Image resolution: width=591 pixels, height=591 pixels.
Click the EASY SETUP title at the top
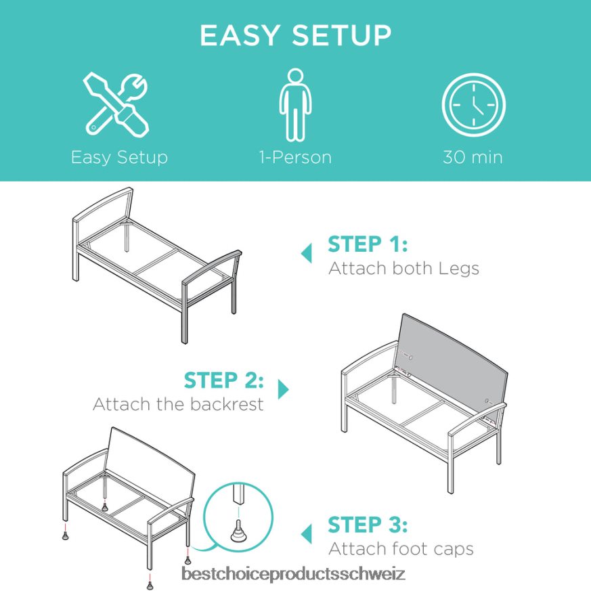(295, 35)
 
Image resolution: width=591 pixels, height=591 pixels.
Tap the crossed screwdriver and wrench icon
(116, 104)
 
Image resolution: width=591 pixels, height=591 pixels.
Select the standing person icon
(295, 104)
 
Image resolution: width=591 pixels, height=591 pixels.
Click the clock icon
(473, 104)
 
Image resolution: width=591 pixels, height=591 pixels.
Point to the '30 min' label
(473, 157)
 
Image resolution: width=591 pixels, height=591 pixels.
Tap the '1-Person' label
(295, 157)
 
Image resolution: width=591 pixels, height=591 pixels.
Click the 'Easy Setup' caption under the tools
(119, 158)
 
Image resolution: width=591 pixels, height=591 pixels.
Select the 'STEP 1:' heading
(368, 244)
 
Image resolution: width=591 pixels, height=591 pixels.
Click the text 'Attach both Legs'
(403, 268)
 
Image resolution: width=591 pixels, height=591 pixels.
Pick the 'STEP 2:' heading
(223, 380)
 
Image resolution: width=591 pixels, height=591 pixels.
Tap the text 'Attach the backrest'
(178, 404)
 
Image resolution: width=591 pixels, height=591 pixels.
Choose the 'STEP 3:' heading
(368, 525)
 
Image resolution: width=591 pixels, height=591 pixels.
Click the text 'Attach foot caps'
(401, 549)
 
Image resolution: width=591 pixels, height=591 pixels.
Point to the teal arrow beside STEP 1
(307, 253)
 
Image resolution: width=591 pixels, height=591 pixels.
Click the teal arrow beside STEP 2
(282, 389)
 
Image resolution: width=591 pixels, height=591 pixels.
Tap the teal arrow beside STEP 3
(307, 533)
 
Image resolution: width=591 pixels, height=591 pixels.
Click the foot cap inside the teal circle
(238, 531)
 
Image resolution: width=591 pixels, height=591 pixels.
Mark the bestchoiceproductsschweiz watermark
(293, 574)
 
